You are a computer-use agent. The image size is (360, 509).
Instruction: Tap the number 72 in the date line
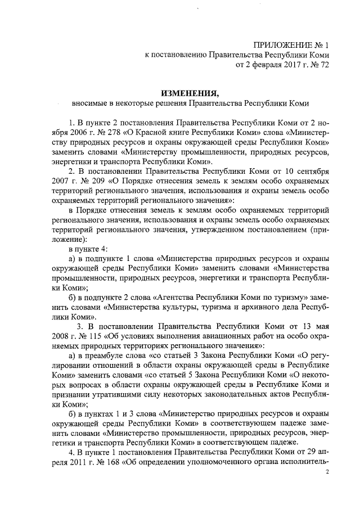pos(323,65)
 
